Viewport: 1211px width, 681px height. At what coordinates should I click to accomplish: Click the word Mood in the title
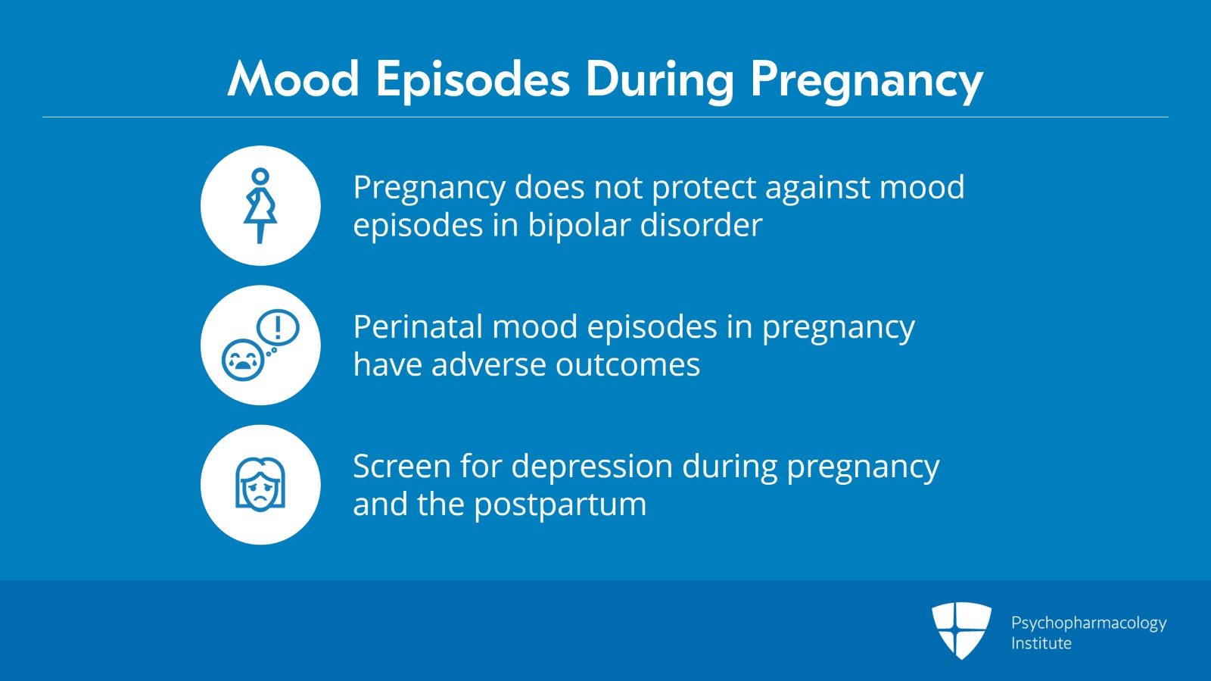294,80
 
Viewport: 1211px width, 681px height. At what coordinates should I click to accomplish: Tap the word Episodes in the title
472,80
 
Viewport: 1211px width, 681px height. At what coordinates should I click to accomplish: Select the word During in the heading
659,80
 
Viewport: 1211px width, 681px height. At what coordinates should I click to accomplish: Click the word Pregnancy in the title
866,80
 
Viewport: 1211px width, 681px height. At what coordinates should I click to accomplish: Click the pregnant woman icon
260,205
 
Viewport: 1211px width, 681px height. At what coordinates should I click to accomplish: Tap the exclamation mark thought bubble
279,328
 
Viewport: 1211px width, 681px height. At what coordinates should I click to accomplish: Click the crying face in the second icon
242,360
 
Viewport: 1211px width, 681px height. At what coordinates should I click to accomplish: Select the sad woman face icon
260,485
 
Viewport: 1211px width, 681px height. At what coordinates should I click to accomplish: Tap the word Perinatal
418,327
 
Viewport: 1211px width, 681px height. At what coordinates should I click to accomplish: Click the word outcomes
627,365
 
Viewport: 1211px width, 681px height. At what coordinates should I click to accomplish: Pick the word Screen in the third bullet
401,467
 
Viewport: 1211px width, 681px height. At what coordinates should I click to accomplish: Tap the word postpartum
560,505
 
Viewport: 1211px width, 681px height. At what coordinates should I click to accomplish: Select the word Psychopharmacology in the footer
1088,623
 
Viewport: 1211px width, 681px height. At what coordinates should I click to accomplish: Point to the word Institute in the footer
1041,644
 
